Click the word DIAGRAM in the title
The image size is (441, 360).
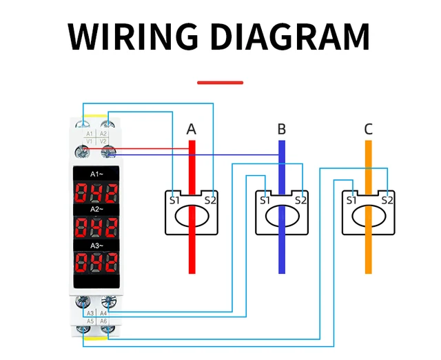(289, 37)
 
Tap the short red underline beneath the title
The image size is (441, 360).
(220, 82)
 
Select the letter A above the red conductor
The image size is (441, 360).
(192, 129)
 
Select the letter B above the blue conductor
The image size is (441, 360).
(281, 129)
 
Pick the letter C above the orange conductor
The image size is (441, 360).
(369, 129)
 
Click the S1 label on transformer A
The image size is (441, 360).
(175, 200)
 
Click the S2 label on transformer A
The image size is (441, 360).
(211, 200)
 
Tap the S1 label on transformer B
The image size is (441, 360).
(264, 200)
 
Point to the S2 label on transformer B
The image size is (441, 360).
(300, 200)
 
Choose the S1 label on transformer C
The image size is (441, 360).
(351, 200)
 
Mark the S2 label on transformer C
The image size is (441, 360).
(387, 200)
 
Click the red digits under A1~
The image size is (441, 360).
(96, 191)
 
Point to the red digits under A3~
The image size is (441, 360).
(96, 262)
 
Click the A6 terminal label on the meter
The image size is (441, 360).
(103, 321)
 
